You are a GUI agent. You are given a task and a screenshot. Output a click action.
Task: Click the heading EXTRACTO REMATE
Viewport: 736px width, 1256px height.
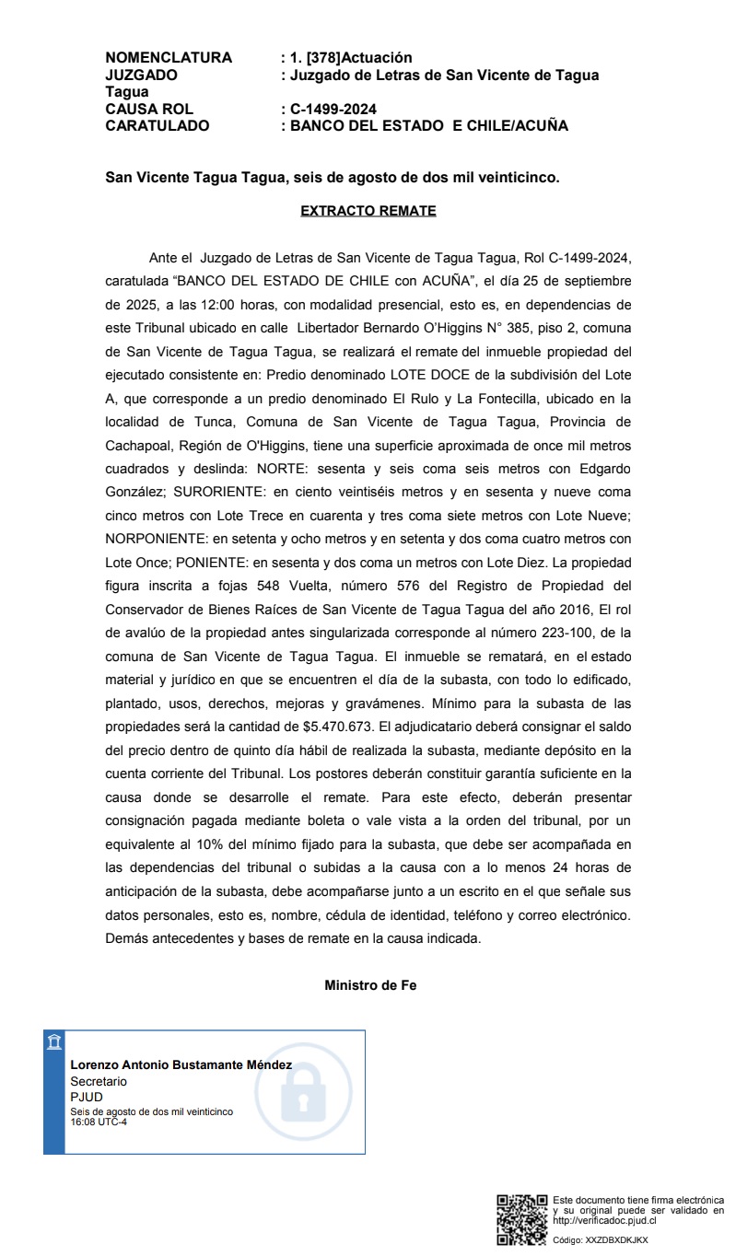(x=368, y=211)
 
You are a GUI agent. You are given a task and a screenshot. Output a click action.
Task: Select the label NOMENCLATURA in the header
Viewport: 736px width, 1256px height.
(x=169, y=58)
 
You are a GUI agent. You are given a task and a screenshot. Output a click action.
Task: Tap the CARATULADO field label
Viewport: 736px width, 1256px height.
(x=158, y=126)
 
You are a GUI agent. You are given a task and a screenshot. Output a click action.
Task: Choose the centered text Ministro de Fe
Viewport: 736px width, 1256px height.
(x=370, y=985)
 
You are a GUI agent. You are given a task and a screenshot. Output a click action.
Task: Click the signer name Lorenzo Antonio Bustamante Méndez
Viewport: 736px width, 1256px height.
(x=181, y=1065)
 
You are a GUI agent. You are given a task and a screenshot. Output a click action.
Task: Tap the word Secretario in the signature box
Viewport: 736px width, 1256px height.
(x=99, y=1081)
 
